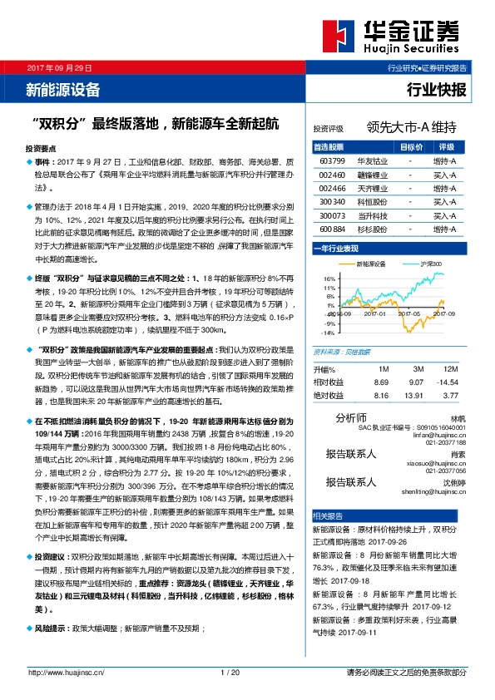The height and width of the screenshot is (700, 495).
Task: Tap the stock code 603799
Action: (332, 160)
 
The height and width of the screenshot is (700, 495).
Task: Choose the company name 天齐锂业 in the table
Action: (370, 189)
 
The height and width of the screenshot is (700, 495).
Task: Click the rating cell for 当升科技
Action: (444, 215)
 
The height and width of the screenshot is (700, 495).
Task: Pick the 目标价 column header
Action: (411, 146)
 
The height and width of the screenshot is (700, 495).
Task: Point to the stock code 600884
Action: (332, 229)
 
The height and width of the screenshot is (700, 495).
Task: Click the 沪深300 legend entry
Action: (431, 264)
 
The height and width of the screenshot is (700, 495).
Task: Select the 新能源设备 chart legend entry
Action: (372, 264)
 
